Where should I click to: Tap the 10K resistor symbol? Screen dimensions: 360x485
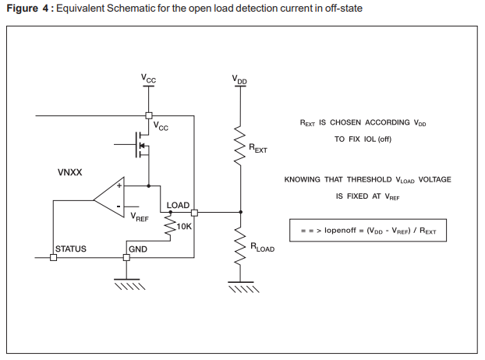171,227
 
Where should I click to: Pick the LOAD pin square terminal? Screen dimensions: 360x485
194,212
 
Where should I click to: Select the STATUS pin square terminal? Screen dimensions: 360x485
53,256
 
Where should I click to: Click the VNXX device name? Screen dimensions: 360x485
70,172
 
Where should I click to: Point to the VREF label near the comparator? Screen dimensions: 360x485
140,217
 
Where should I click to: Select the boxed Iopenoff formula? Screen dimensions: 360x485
368,231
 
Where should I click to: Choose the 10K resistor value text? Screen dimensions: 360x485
184,228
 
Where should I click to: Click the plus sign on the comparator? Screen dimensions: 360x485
119,186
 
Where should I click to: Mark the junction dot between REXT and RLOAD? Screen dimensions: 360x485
240,212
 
